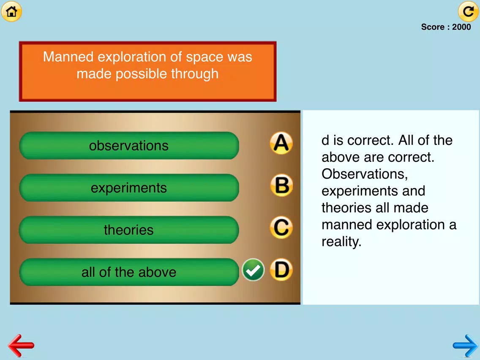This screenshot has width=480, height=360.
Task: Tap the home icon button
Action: pos(12,11)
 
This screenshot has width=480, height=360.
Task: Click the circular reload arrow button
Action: pos(468,11)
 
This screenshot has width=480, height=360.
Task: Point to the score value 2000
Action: pos(461,27)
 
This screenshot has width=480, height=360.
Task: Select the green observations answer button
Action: pos(129,145)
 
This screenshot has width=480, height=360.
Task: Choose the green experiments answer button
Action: pos(129,188)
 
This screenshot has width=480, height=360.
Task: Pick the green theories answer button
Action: pos(129,230)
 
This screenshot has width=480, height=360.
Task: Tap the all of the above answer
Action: pos(129,272)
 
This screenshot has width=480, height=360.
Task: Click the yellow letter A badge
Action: pos(281,143)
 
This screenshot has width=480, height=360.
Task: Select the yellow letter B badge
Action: pos(281,185)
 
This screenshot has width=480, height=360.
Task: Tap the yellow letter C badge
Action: pos(281,227)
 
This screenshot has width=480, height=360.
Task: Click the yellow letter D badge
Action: pos(281,270)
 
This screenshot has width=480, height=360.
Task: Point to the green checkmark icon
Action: pos(253,270)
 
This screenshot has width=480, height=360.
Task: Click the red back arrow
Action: pos(21,346)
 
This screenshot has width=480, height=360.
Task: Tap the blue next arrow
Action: pos(465,346)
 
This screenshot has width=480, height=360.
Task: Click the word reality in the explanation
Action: pos(341,242)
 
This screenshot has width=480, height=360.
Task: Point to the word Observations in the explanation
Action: pos(365,174)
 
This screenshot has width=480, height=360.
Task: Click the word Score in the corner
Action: pos(433,27)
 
